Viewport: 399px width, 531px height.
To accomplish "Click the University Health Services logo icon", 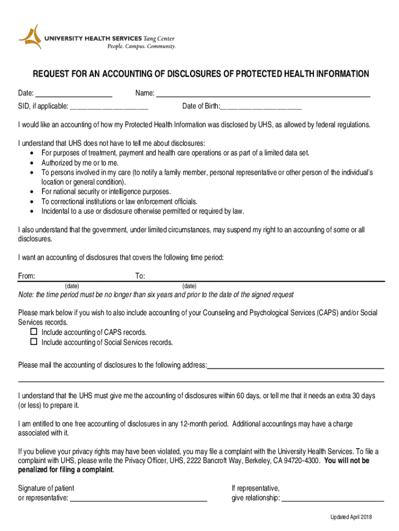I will (30, 37).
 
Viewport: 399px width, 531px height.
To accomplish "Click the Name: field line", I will (263, 94).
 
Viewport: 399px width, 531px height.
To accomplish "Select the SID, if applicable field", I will (109, 107).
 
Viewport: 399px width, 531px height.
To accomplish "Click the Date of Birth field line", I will (261, 107).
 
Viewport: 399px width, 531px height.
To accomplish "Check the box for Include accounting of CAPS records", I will (34, 332).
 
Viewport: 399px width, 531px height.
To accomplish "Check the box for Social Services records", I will (34, 342).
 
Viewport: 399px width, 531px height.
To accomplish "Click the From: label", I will (26, 276).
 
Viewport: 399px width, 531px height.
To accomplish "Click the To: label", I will (140, 276).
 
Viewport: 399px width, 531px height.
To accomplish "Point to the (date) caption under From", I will (72, 286).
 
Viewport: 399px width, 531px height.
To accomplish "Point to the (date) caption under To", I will (189, 286).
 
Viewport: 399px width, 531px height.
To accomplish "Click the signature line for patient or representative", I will (138, 498).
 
